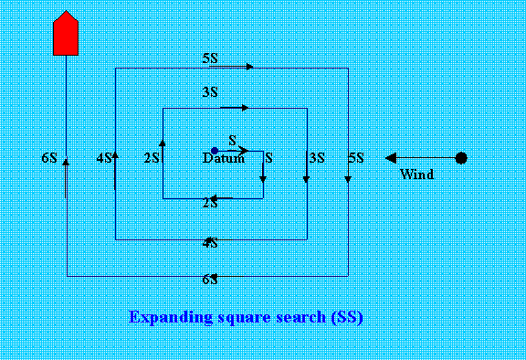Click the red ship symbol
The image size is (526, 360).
pos(64,36)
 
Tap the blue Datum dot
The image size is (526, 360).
pos(214,151)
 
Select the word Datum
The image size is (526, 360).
pos(224,159)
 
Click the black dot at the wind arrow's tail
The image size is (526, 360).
pos(461,158)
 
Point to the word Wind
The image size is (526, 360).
pos(416,174)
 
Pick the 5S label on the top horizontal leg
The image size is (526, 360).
pos(210,59)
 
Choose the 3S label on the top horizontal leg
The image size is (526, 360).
pos(210,92)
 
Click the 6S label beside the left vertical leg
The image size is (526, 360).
pos(49,158)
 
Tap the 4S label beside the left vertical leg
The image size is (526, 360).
pos(104,158)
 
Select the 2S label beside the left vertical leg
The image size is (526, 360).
pos(152,158)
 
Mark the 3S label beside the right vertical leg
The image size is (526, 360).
pos(317,158)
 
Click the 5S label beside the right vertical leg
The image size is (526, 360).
pos(356,158)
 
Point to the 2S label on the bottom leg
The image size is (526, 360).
pos(210,203)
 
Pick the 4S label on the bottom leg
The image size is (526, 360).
pos(210,243)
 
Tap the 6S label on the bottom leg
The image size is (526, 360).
pos(210,279)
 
